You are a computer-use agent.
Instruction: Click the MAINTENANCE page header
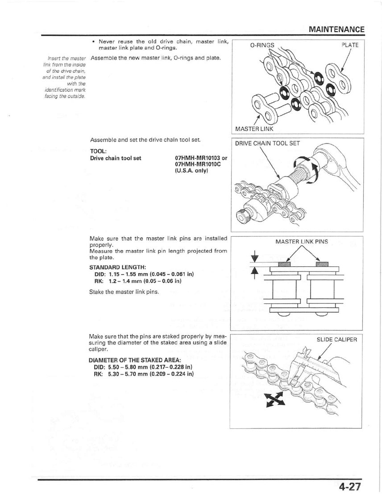(x=336, y=29)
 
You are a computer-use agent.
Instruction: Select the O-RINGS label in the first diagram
(x=262, y=45)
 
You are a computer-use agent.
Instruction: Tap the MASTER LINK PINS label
(x=301, y=242)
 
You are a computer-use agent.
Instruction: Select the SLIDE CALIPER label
(x=337, y=339)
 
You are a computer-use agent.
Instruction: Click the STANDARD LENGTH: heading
(x=112, y=268)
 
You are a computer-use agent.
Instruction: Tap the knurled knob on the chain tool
(x=246, y=218)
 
